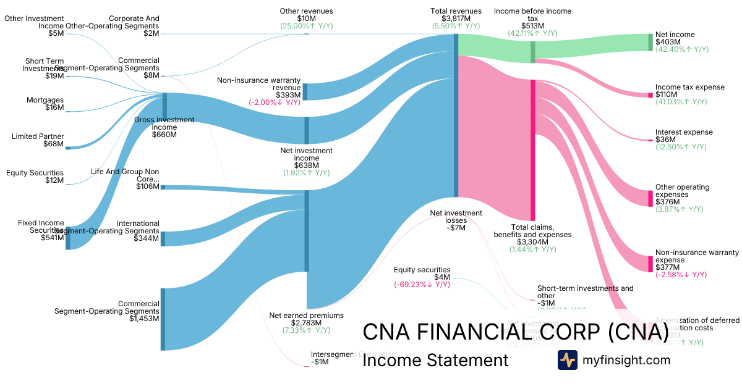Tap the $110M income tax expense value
click(x=665, y=94)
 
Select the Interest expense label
click(x=684, y=132)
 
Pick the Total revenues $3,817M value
click(x=456, y=19)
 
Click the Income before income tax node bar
click(x=532, y=52)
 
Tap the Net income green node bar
click(x=650, y=42)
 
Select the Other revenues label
click(x=306, y=11)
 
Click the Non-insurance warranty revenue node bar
click(x=305, y=91)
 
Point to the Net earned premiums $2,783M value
click(x=306, y=323)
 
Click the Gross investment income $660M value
click(x=164, y=135)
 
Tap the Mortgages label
click(x=45, y=100)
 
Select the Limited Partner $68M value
click(x=53, y=144)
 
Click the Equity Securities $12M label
click(x=35, y=173)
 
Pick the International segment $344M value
click(x=146, y=238)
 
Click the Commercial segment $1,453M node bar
click(x=163, y=319)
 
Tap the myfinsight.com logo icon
click(x=568, y=360)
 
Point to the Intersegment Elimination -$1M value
click(x=320, y=362)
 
